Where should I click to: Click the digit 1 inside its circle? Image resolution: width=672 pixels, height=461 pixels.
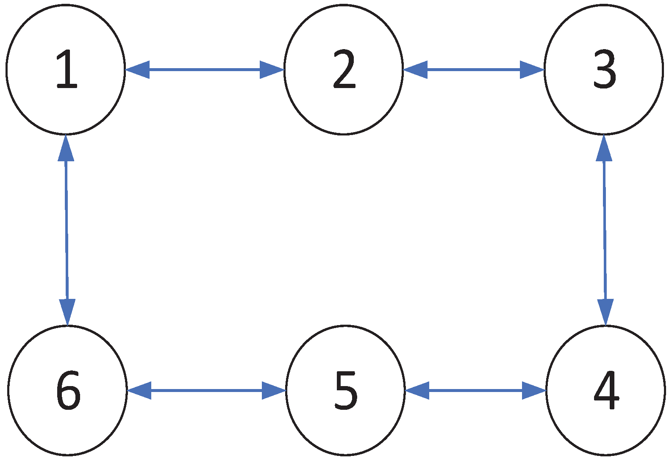tap(67, 69)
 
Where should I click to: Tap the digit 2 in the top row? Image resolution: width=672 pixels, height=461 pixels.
tap(344, 69)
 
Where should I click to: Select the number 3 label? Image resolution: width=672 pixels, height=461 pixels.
tap(604, 70)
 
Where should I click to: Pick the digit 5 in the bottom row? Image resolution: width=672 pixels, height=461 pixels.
tap(346, 390)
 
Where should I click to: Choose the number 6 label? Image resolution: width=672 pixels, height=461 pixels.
tap(68, 390)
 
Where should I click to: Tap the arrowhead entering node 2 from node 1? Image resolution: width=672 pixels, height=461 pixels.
tap(271, 69)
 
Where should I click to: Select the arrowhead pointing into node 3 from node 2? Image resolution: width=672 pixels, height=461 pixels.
tap(532, 69)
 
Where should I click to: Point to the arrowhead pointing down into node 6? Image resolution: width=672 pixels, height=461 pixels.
tap(67, 312)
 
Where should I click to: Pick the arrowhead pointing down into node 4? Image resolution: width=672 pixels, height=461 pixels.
tap(605, 312)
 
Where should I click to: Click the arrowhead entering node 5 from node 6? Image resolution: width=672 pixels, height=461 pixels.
tap(273, 390)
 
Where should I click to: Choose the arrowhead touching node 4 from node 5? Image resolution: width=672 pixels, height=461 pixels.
tap(533, 390)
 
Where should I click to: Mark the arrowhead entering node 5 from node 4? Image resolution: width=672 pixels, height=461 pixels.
tap(417, 390)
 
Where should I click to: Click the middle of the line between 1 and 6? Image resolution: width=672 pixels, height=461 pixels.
tap(66, 230)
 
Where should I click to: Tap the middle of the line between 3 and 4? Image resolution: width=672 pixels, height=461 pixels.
tap(605, 230)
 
